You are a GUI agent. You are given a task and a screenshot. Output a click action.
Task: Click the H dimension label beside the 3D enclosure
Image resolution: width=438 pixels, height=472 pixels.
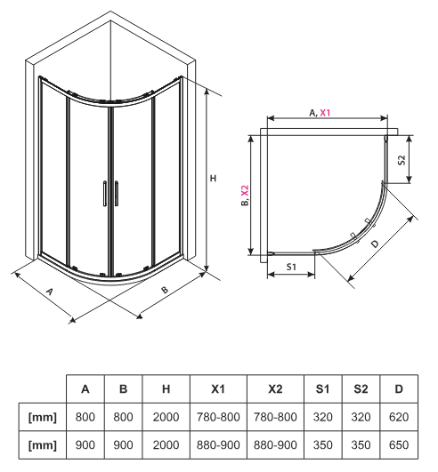(213, 179)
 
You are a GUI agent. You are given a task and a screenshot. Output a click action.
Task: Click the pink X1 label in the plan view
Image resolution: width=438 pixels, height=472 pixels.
(326, 113)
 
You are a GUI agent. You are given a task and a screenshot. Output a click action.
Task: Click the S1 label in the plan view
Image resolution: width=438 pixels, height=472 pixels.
(291, 265)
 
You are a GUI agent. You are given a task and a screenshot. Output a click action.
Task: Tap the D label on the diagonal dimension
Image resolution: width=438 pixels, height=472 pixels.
(375, 243)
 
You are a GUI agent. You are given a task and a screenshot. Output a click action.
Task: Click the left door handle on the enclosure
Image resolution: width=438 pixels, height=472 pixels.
(104, 194)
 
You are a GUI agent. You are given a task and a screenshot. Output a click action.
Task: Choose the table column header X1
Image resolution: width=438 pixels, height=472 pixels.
(218, 389)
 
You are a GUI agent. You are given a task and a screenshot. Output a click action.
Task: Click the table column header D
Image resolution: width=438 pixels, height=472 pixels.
(398, 389)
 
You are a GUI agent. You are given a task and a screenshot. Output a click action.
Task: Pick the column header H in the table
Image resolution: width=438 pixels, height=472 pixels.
(166, 389)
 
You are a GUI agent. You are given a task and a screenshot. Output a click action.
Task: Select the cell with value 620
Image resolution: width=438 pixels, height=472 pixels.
(398, 416)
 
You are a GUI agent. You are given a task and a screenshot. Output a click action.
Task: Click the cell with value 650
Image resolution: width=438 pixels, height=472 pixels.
(398, 444)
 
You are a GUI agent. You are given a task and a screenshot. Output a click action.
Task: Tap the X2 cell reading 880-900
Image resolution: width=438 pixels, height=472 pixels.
(275, 444)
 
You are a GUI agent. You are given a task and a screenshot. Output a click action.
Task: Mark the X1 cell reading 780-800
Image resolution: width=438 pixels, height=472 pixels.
(218, 416)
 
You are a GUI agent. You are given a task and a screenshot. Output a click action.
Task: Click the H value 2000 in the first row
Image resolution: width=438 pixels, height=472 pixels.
(166, 416)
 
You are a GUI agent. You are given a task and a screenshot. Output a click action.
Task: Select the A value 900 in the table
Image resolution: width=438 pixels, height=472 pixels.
(85, 444)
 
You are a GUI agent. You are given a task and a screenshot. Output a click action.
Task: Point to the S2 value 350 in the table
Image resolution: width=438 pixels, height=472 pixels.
(360, 444)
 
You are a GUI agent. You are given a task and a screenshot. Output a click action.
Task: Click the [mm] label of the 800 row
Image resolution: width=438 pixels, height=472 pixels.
(43, 416)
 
